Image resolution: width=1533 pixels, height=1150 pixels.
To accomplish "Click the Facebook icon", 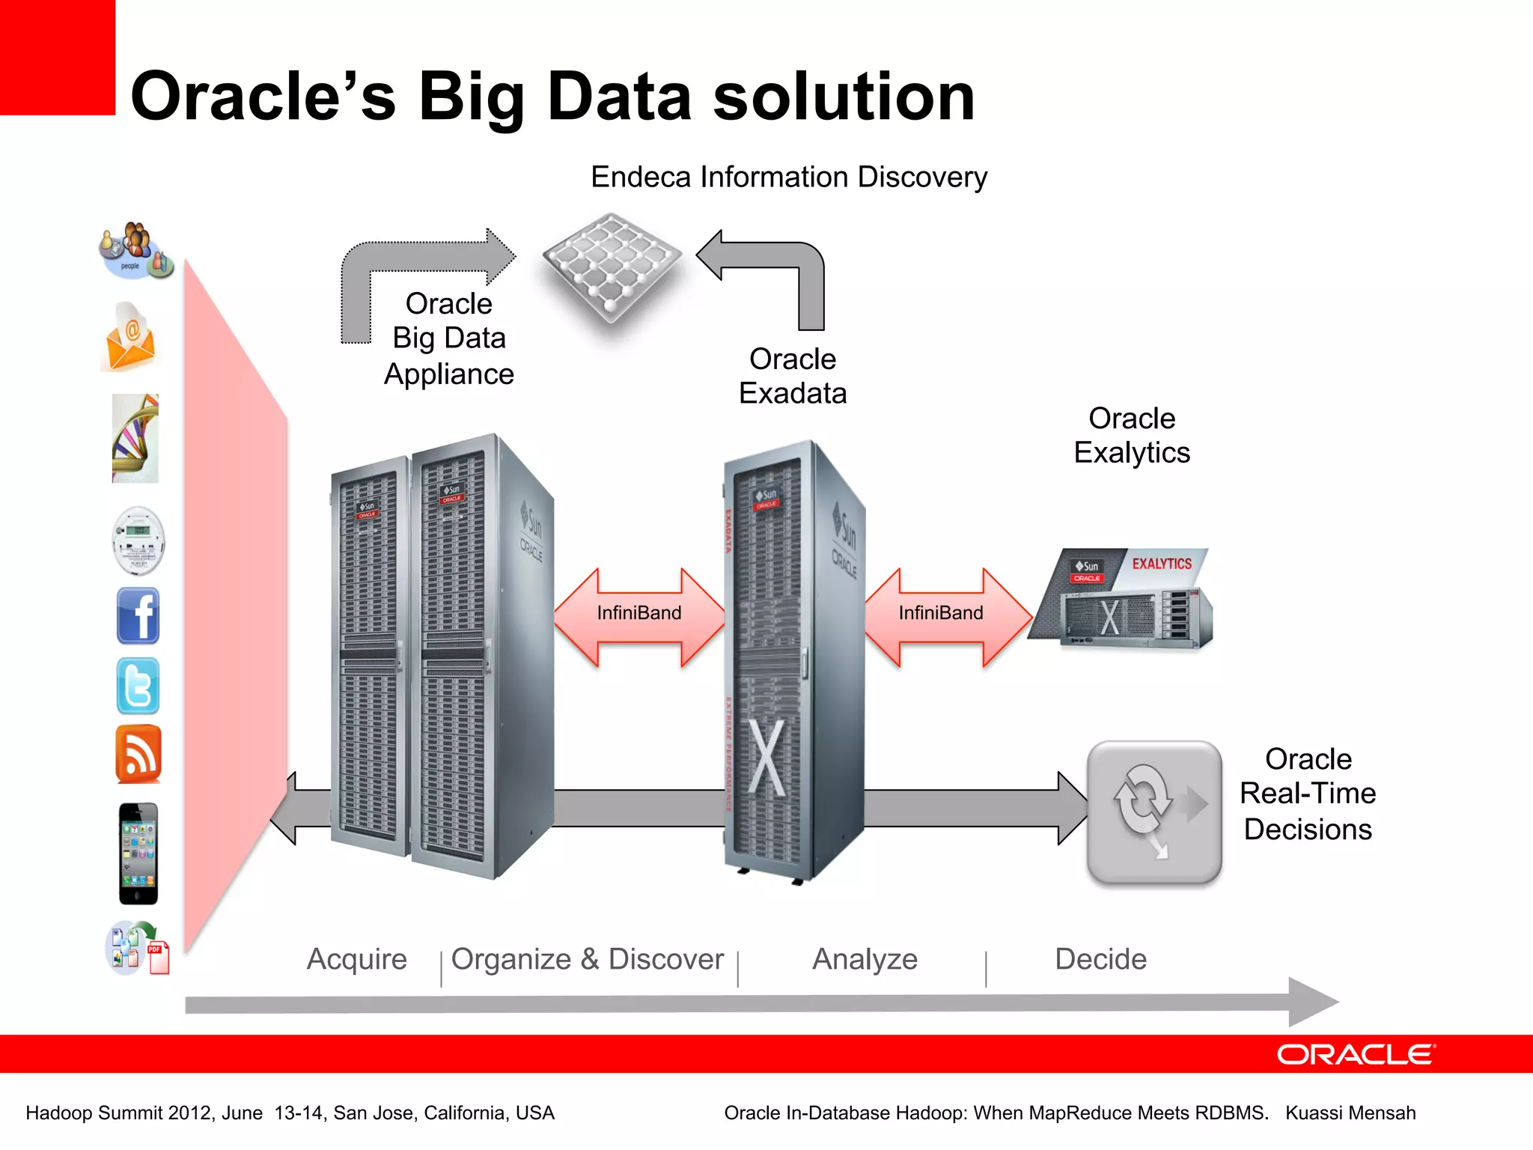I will pos(138,616).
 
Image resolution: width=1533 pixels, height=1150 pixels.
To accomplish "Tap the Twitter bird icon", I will pos(138,686).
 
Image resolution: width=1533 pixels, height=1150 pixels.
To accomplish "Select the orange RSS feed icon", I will pos(138,754).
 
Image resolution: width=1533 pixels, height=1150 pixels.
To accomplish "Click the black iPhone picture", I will pos(138,854).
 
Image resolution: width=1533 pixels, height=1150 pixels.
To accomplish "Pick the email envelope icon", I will pos(130,338).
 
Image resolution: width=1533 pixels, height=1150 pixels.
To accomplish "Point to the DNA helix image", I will pos(135,439).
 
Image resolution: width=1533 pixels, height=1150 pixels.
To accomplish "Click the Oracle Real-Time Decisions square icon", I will pos(1154,812).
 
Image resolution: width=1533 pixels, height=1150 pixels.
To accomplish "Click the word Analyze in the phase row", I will pos(865,959).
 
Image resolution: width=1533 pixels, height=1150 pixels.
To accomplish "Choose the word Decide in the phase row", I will pos(1100,959).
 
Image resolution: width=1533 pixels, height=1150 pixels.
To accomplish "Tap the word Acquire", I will pos(356,959).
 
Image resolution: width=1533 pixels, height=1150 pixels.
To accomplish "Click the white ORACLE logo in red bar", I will pos(1355,1054).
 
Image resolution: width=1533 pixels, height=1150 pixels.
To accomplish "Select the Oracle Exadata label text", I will pos(793,376).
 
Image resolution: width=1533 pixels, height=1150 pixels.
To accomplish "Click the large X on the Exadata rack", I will pos(767,758).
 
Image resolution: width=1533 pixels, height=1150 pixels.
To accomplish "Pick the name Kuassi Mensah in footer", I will pos(1350,1113).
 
